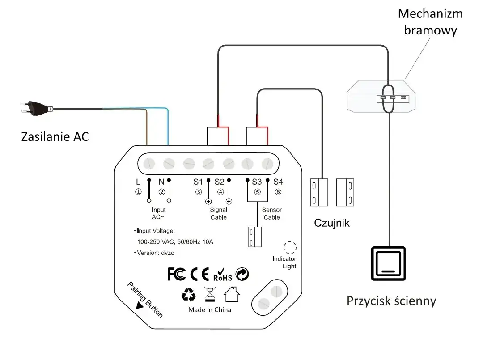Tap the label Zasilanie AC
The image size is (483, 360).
(55, 136)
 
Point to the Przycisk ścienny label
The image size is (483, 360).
(391, 301)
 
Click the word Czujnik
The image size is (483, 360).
(332, 223)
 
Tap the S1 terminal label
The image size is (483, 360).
(198, 182)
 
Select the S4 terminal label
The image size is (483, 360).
(278, 182)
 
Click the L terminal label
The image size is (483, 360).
(138, 182)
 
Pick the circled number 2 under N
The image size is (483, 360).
(161, 192)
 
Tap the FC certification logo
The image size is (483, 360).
(176, 274)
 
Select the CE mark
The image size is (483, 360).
(199, 274)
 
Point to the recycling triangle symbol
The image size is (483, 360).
(189, 294)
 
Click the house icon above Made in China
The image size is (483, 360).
(232, 294)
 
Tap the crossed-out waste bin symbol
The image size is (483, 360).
(210, 294)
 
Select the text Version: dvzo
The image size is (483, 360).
(154, 253)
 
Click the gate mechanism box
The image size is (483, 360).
(381, 97)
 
